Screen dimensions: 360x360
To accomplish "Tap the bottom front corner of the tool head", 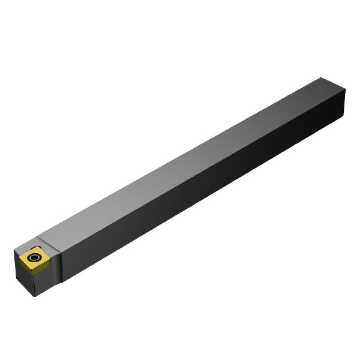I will click(38, 296).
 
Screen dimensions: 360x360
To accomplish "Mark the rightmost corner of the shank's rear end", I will click(346, 90).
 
